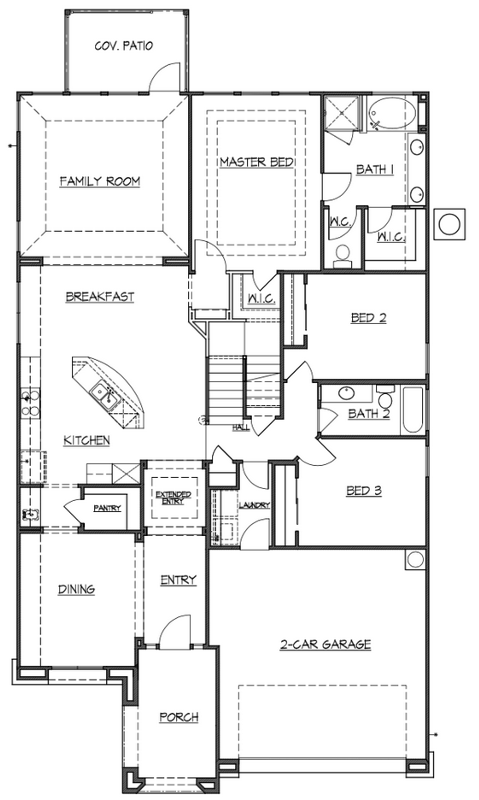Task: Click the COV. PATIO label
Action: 124,46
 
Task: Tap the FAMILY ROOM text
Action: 100,182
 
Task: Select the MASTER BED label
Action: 256,162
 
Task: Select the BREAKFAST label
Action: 100,297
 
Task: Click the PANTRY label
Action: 107,508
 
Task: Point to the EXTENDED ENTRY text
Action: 173,498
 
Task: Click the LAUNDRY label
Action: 254,505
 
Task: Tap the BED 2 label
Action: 369,318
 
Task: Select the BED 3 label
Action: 364,490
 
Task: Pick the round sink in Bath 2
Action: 347,393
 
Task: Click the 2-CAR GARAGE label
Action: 326,644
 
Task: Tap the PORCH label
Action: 179,717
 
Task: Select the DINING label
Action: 76,589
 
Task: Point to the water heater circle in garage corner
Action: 415,560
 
